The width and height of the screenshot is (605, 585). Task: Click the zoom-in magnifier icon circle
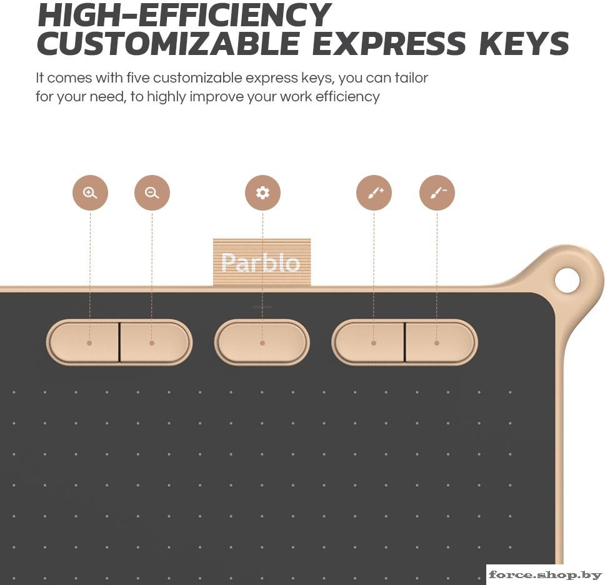(x=90, y=192)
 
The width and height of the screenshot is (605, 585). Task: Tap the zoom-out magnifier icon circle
(x=152, y=192)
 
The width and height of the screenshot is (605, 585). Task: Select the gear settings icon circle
(x=262, y=192)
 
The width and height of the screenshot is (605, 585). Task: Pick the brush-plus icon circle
(x=374, y=192)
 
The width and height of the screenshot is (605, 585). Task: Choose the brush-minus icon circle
(x=437, y=192)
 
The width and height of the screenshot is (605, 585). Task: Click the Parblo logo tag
(x=262, y=262)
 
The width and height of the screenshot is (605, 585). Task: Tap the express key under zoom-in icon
(x=84, y=342)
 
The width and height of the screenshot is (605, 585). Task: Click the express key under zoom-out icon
(x=155, y=342)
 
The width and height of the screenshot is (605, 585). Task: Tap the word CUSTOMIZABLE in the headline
(x=168, y=43)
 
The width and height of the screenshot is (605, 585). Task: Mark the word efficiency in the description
(x=347, y=96)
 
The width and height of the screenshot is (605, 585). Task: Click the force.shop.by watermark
(x=545, y=574)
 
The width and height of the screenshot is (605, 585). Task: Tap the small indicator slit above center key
(x=262, y=307)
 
